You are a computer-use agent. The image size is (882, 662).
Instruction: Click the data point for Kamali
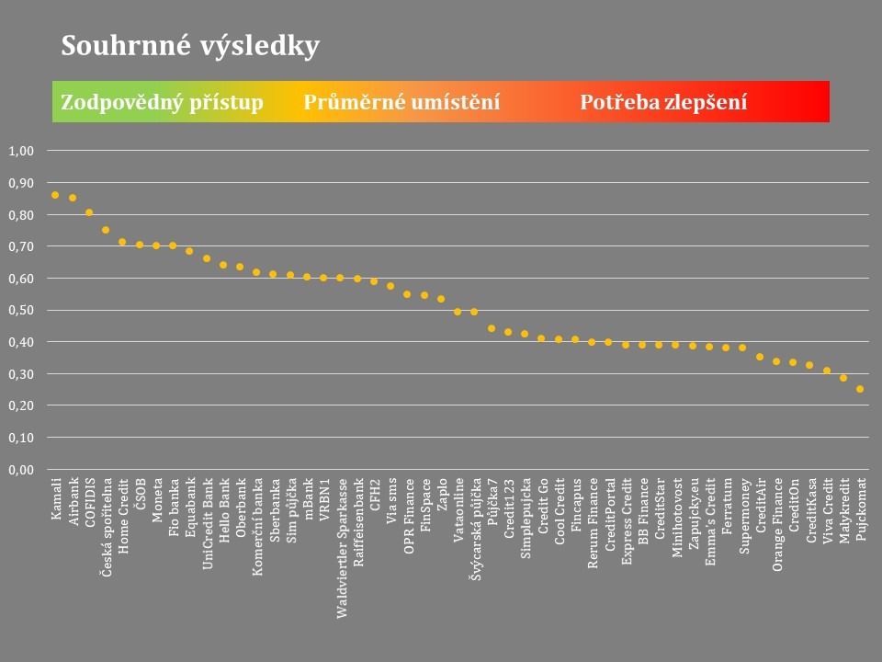[x=55, y=195]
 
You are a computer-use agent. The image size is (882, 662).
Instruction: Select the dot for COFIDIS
[x=89, y=212]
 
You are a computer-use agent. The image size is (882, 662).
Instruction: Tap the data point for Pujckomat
[x=860, y=389]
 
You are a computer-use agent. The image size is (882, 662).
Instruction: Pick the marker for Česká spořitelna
[x=106, y=230]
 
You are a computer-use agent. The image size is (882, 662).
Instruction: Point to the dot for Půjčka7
[x=492, y=328]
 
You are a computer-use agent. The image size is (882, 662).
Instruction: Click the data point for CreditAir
[x=760, y=357]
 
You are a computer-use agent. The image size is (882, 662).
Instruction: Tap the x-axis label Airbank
[x=73, y=502]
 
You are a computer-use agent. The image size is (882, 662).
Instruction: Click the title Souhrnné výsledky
[x=190, y=46]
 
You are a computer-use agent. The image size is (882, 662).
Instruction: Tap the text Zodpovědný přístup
[x=162, y=102]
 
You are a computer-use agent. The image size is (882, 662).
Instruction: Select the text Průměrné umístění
[x=401, y=102]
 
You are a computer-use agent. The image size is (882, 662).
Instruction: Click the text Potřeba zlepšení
[x=663, y=102]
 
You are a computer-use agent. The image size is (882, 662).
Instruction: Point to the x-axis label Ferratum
[x=726, y=503]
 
